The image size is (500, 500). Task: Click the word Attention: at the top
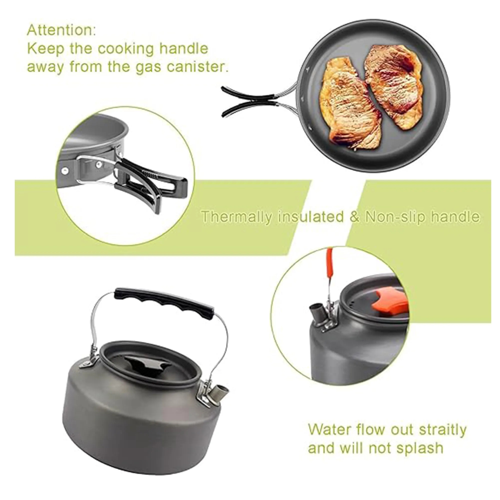[61, 30]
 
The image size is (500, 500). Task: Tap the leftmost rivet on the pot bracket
[64, 170]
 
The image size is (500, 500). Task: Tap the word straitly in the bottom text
[442, 429]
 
